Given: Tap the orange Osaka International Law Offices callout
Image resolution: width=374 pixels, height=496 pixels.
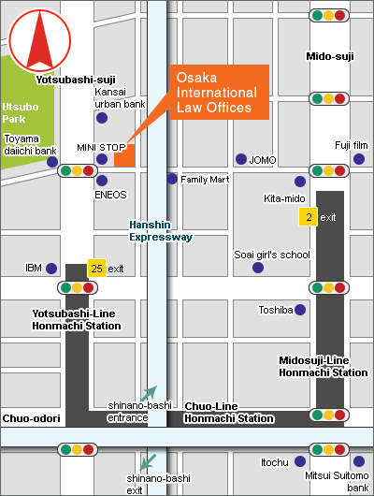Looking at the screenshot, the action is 220,93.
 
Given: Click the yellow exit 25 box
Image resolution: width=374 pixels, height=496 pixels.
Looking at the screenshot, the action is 96,269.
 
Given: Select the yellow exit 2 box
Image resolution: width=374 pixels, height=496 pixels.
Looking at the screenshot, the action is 308,217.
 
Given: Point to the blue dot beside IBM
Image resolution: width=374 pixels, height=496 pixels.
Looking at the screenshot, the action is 51,269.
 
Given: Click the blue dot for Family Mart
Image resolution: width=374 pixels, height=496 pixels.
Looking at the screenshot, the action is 172,179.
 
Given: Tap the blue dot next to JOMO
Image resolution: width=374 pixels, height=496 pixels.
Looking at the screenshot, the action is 241,159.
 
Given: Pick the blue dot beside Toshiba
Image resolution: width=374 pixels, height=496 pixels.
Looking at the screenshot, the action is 300,310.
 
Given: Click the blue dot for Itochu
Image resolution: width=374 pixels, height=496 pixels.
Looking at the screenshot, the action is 300,461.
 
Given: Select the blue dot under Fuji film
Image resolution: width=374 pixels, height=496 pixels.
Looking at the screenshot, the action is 359,159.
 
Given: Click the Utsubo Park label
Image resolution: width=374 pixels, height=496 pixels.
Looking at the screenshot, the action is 21,113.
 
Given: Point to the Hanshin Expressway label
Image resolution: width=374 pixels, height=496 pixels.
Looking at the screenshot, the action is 161,231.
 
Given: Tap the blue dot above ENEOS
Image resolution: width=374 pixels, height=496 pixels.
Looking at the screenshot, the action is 102,181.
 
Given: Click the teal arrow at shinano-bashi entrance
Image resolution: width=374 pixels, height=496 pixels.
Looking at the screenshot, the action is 149,393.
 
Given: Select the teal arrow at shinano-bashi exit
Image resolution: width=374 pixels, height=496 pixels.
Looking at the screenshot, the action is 148,461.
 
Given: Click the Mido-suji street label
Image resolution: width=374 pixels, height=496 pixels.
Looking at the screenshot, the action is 330,56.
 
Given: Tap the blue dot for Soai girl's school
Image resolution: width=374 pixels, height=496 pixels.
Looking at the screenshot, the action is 258,268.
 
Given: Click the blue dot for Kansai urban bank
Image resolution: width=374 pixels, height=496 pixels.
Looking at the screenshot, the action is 102,118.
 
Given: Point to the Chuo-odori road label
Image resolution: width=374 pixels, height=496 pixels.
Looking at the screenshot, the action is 31,418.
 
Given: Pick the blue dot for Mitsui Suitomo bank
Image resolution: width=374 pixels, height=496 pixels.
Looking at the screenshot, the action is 359,461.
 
